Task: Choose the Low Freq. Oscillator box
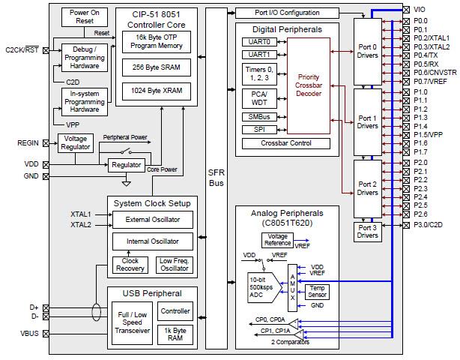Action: pyautogui.click(x=175, y=265)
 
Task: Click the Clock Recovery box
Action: pyautogui.click(x=130, y=265)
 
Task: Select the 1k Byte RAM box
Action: pyautogui.click(x=175, y=331)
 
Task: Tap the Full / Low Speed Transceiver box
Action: pyautogui.click(x=132, y=320)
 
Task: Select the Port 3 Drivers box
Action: pyautogui.click(x=367, y=232)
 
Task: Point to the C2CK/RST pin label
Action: pyautogui.click(x=22, y=49)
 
